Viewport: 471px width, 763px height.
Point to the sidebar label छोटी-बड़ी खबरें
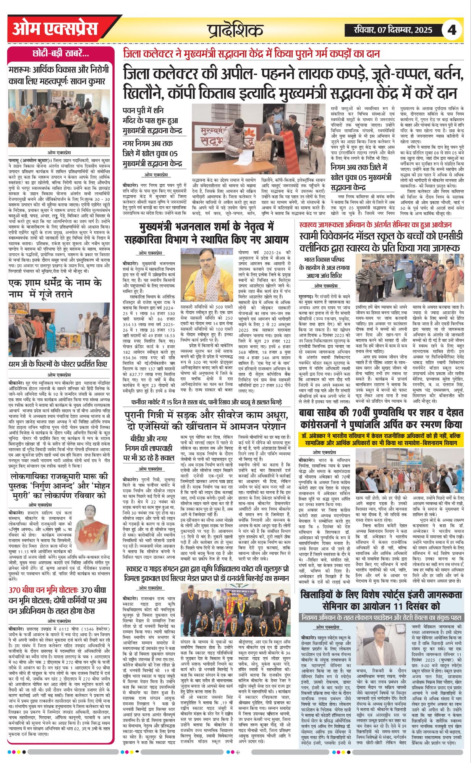(x=61, y=54)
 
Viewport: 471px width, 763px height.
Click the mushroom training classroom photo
(x=59, y=118)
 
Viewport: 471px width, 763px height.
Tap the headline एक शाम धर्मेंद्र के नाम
(x=55, y=288)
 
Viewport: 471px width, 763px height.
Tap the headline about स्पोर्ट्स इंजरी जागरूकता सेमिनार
(x=380, y=600)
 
